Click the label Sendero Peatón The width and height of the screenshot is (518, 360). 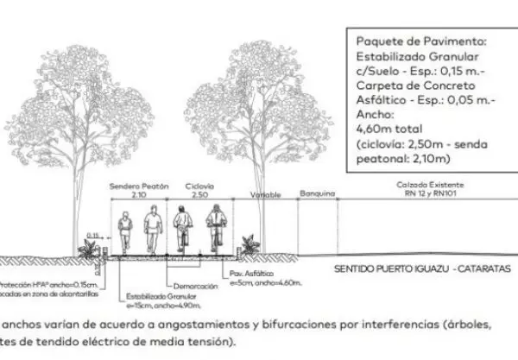139,186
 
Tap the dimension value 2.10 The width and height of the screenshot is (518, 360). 139,195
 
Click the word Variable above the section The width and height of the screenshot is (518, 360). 266,195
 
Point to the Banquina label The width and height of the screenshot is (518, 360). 317,195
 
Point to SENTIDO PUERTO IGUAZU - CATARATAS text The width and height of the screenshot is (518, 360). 422,269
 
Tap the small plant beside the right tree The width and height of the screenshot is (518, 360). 250,243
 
